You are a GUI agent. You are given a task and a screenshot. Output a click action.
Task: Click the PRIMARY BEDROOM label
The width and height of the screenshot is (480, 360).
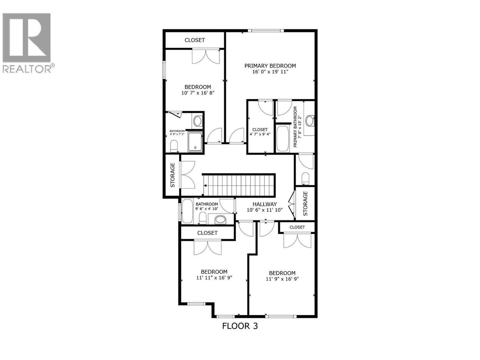(270, 66)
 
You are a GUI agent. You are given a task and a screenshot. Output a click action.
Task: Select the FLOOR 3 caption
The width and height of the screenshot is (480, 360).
(240, 326)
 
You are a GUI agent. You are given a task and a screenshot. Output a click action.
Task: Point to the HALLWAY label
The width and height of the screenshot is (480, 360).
(265, 204)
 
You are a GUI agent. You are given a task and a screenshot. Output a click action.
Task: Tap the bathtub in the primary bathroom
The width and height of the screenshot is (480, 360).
(282, 139)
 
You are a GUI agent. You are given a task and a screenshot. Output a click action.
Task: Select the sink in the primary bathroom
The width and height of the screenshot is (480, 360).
(310, 121)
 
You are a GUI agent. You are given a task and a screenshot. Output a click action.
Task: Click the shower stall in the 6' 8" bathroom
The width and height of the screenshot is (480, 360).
(195, 141)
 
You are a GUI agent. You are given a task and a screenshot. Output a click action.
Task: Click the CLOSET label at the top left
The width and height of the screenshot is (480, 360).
(195, 40)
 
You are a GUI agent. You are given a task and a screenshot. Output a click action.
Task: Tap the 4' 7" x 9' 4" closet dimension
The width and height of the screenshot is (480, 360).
(260, 134)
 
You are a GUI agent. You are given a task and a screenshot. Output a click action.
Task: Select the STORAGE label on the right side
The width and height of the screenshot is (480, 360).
(305, 203)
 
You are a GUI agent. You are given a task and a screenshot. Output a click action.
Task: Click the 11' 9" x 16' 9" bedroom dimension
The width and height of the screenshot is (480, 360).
(282, 279)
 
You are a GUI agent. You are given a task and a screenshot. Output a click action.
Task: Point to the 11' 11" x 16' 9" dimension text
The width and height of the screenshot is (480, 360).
(214, 278)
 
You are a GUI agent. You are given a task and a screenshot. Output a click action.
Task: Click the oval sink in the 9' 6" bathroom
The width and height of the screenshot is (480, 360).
(220, 219)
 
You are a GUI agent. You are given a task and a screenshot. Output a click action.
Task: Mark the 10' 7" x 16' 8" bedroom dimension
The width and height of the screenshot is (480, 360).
(198, 93)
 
